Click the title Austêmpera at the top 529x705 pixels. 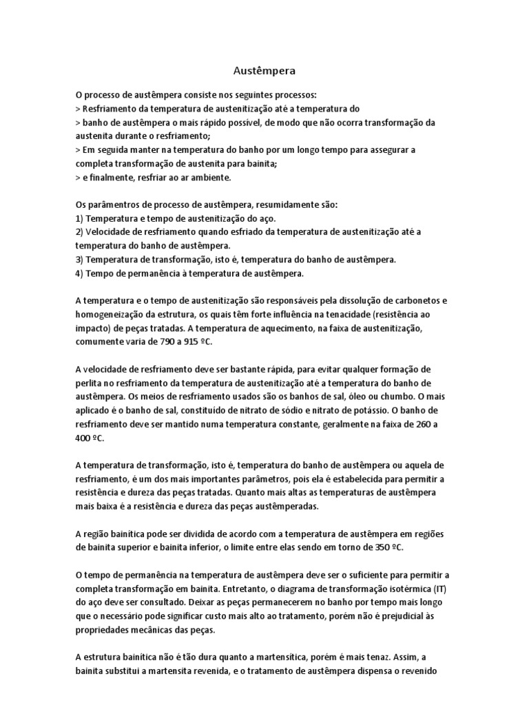(264, 70)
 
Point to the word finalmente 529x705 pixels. (109, 177)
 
